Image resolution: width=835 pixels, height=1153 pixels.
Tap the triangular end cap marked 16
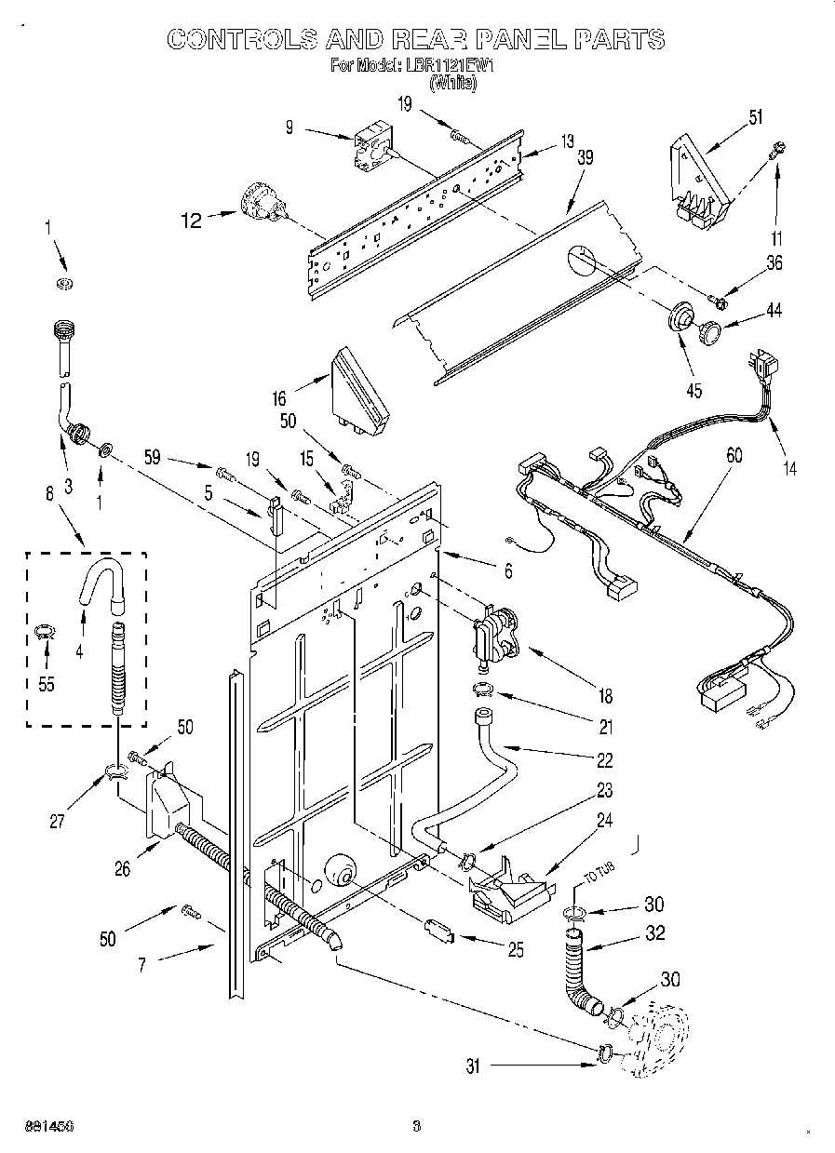[360, 392]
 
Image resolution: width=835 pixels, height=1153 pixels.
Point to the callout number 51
[755, 116]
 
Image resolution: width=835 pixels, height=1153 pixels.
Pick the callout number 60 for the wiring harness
[734, 454]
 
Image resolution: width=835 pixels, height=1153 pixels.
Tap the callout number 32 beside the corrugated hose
[655, 933]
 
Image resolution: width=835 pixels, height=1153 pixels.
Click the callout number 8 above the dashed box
[49, 496]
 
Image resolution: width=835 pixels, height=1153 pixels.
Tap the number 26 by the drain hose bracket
[121, 869]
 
